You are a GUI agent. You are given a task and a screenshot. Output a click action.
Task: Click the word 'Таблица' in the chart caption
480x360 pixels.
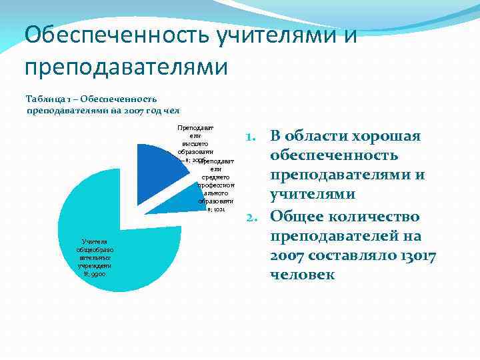tap(45, 98)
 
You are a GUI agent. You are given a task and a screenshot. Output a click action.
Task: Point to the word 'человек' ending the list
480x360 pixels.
tap(303, 275)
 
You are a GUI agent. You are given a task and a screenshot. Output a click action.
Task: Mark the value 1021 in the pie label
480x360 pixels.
tap(220, 208)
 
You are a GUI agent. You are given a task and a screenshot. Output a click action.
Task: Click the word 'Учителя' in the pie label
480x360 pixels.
tap(90, 241)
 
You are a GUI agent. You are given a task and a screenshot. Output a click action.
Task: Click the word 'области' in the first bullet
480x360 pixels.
tap(321, 136)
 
